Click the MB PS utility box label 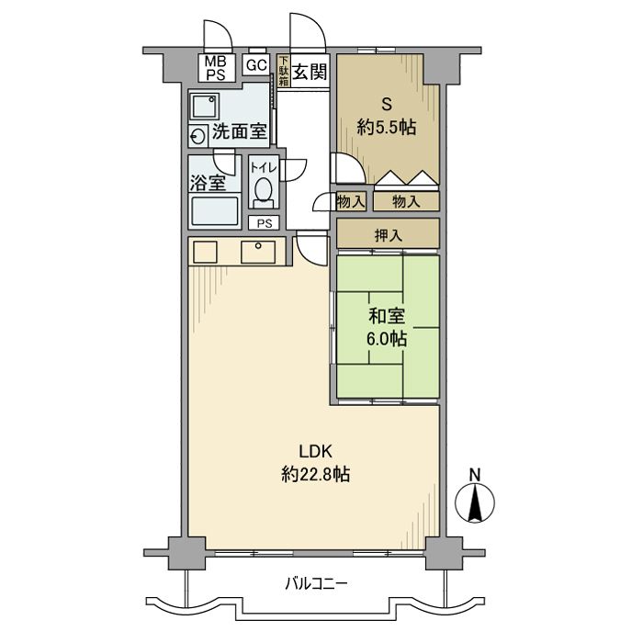point(215,68)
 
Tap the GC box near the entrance point(256,65)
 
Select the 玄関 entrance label point(310,73)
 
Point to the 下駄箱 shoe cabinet point(283,71)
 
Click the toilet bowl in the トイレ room point(264,191)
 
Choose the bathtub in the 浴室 point(215,211)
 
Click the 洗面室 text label point(240,131)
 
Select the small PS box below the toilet point(265,223)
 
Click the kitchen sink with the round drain point(258,252)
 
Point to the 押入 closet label point(388,235)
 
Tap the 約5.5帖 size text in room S point(387,128)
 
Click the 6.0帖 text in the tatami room point(387,340)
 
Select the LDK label point(315,452)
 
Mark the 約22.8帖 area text point(315,475)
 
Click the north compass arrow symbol point(475,502)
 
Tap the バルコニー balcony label point(316,582)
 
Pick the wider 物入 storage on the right point(406,202)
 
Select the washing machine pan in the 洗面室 point(204,107)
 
